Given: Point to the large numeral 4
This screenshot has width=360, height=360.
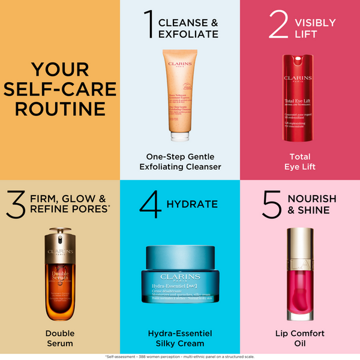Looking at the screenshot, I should pyautogui.click(x=150, y=204).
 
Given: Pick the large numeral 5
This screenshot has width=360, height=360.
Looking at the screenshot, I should pyautogui.click(x=271, y=204).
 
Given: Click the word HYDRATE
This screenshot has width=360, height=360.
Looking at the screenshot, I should pyautogui.click(x=192, y=204).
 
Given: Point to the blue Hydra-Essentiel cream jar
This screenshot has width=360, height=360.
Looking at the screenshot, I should pyautogui.click(x=179, y=279).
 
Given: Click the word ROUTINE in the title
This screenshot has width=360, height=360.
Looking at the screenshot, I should pyautogui.click(x=59, y=109).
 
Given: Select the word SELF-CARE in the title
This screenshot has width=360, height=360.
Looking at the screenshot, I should pyautogui.click(x=59, y=89).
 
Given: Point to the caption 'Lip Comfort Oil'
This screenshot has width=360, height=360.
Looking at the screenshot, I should pyautogui.click(x=299, y=338).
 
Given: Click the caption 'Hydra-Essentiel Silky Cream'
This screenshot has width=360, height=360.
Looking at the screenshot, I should pyautogui.click(x=179, y=338).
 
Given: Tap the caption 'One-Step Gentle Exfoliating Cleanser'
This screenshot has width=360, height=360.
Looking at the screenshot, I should pyautogui.click(x=179, y=161).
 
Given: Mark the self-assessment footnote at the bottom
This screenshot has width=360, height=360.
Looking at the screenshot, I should pyautogui.click(x=179, y=356).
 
